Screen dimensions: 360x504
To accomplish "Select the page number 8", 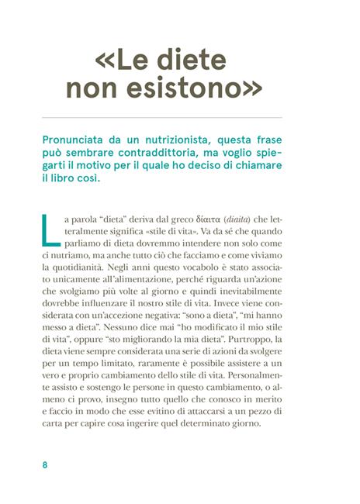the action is [x=45, y=466].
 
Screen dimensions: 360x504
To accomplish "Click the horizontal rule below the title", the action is [x=180, y=117].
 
